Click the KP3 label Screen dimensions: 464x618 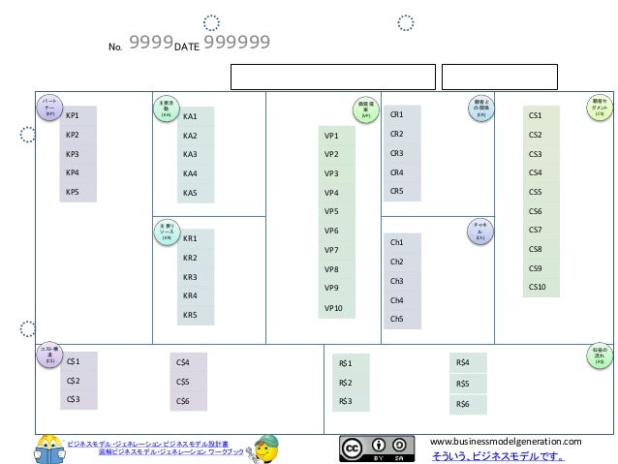73,154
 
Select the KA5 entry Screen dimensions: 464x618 190,193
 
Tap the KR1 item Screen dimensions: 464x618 190,238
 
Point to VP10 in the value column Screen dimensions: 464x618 334,308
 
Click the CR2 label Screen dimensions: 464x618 396,134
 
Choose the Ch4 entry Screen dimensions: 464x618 396,300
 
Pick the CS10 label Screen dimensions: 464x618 538,287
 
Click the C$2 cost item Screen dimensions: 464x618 74,381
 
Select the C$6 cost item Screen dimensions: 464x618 183,401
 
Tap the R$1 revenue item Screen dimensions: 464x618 346,363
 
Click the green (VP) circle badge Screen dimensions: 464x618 365,109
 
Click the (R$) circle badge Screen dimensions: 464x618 600,356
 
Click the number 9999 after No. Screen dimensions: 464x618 150,42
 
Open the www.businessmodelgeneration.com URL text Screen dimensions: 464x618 505,441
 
